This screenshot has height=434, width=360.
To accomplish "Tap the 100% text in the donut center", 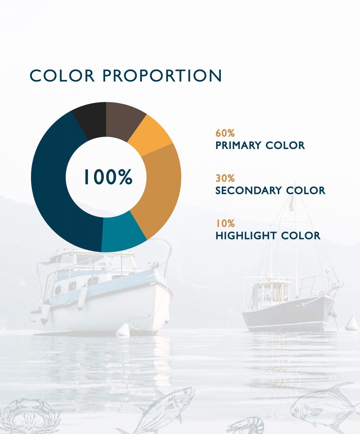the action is tap(108, 177).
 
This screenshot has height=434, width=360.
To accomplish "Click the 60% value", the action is tap(225, 133).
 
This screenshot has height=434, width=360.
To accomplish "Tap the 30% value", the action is tap(225, 178).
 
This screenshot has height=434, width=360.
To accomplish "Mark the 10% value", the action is tap(225, 223).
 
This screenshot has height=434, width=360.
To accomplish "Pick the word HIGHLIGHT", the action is tap(246, 236).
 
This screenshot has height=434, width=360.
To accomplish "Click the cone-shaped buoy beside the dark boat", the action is tap(352, 323).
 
